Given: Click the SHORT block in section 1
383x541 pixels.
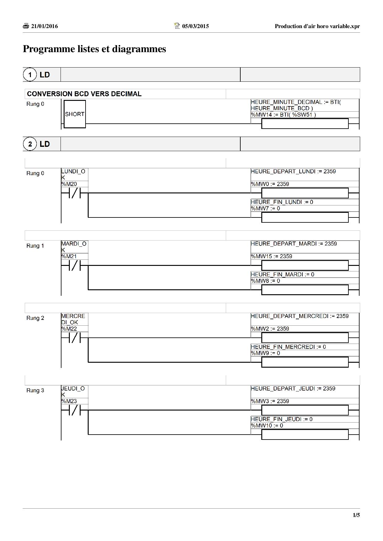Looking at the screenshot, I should coord(75,114).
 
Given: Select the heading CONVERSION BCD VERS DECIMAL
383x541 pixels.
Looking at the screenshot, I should coord(84,94).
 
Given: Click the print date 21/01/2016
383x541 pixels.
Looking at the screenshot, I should coord(44,26).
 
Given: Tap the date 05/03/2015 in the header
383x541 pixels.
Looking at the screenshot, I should coord(195,26).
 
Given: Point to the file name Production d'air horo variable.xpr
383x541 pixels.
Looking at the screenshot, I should coord(317,26).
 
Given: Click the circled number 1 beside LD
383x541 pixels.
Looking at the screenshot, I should coord(30,75).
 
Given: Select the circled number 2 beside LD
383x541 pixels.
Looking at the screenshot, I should coord(30,144).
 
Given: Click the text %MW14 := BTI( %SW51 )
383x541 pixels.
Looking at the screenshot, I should coord(283,115).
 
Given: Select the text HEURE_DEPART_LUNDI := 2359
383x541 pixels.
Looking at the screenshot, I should coord(293,171).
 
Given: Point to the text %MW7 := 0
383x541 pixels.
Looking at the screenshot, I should coord(265,209).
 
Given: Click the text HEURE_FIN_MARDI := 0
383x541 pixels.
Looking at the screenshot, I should coord(282,275).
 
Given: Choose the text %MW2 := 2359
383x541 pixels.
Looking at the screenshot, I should coord(270,329).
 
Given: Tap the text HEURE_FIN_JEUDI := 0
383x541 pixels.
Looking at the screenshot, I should coord(282,419).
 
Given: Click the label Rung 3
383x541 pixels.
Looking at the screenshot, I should coord(35,390).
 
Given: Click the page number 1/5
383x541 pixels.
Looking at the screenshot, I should coord(356,515).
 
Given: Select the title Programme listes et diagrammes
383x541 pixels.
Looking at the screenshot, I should coord(95,49).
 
